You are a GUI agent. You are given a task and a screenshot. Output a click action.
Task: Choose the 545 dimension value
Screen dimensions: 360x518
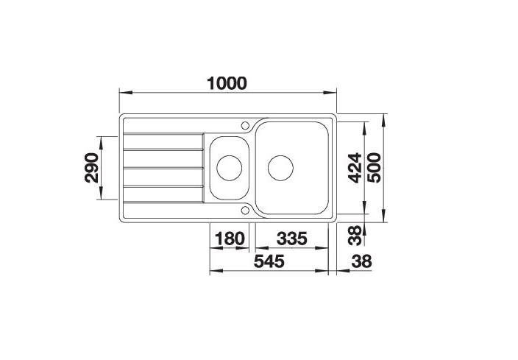270,261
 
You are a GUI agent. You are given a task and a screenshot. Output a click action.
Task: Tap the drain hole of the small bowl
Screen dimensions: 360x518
229,166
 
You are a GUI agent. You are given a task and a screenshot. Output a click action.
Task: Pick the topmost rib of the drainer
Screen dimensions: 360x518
163,135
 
